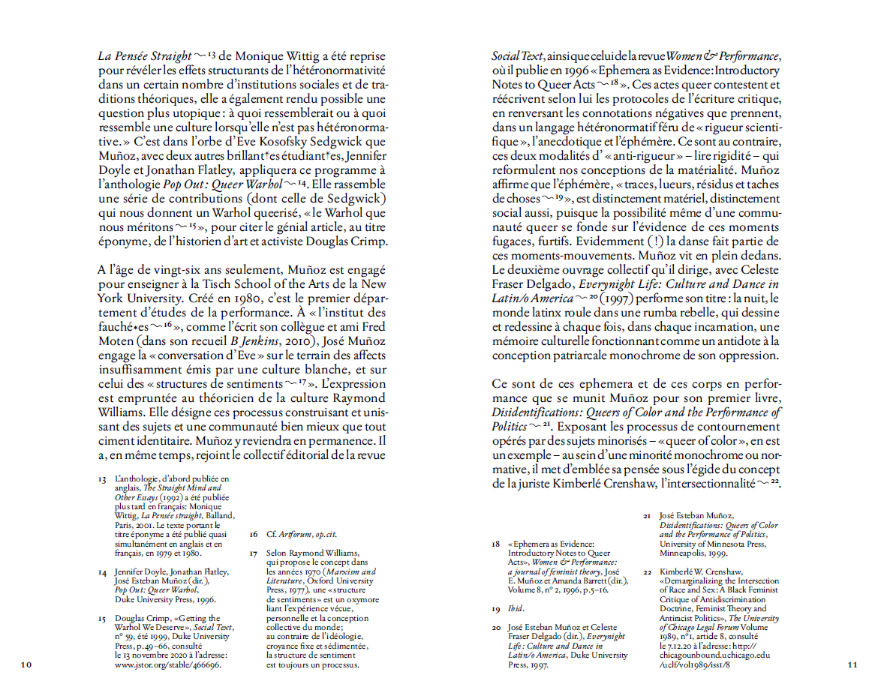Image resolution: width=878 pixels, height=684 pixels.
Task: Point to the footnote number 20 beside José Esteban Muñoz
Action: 496,627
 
